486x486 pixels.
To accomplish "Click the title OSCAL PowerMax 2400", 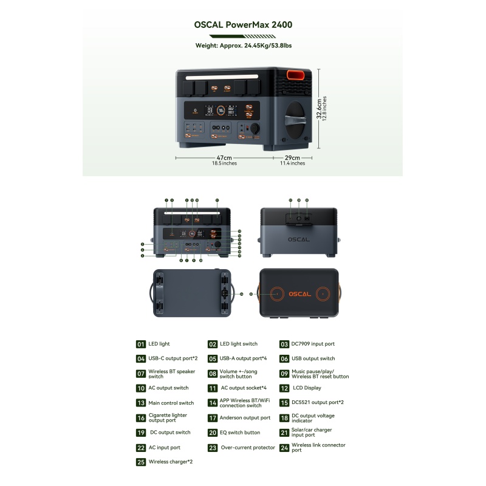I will [242, 25].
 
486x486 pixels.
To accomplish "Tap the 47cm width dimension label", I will [224, 157].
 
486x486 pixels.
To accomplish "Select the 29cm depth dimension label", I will [292, 157].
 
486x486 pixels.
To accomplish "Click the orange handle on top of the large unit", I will [296, 75].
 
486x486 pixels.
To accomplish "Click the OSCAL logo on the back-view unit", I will [299, 239].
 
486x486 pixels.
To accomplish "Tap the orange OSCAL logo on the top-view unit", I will [299, 293].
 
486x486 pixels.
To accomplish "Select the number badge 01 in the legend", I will [141, 344].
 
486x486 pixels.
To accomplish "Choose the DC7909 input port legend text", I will [313, 344].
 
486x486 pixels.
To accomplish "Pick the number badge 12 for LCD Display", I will [284, 388].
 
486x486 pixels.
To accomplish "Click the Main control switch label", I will [171, 403].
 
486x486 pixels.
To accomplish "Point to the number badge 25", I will [141, 462].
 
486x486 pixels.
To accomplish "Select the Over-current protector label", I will [248, 448].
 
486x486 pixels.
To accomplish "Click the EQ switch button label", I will [239, 433].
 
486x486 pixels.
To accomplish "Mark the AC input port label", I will [164, 448].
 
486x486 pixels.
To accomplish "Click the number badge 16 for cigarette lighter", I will [141, 418].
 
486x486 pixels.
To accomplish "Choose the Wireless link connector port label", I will [318, 448].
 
